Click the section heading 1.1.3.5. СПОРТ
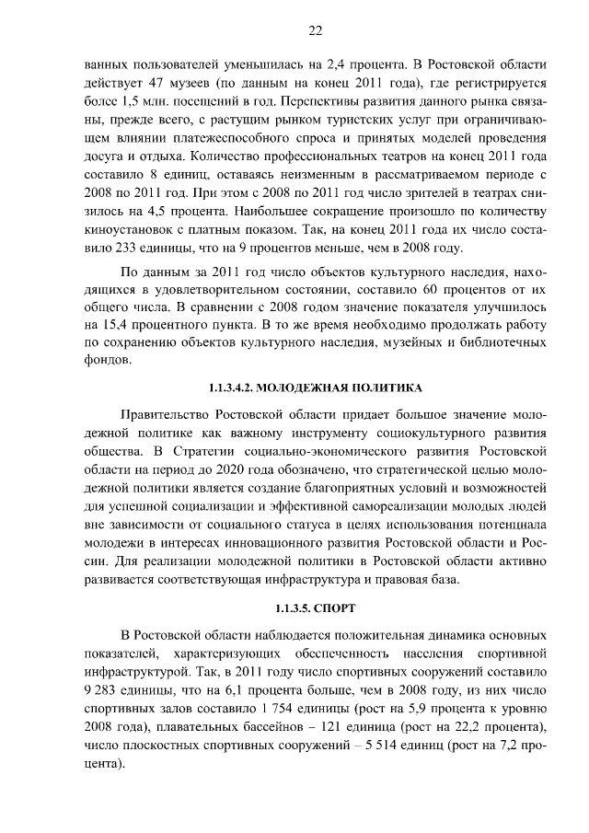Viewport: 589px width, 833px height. tap(315, 609)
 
